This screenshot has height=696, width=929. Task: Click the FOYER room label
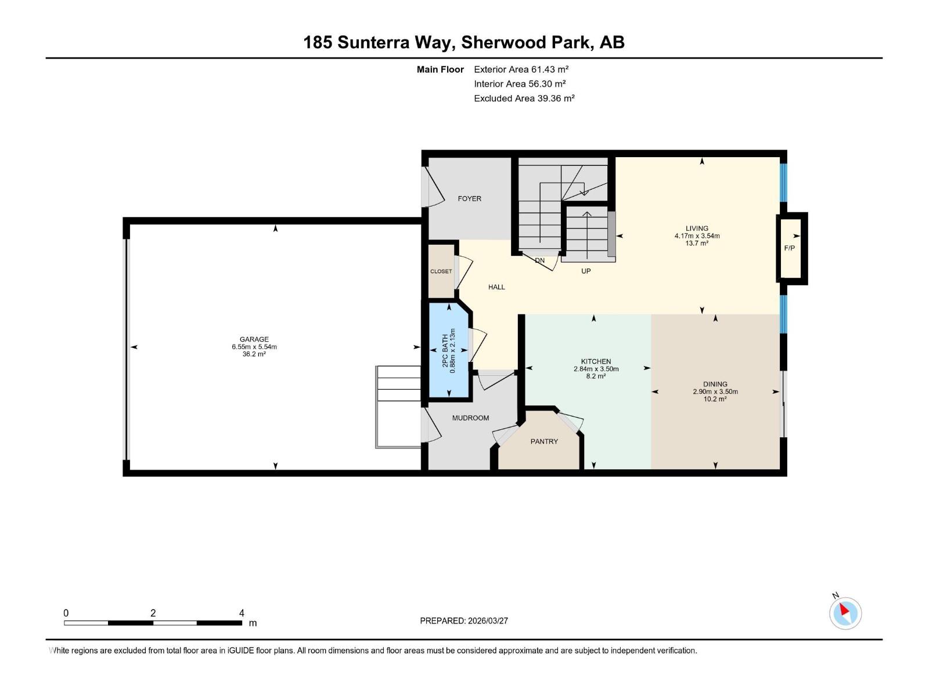click(469, 199)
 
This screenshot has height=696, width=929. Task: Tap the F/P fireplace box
click(790, 248)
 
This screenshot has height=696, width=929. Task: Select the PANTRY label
click(544, 442)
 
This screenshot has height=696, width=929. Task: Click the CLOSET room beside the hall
click(441, 271)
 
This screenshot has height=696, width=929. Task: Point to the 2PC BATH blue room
click(449, 350)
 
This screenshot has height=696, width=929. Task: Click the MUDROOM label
click(470, 418)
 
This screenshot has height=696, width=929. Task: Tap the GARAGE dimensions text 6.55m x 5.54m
click(254, 347)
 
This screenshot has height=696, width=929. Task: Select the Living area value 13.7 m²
click(697, 244)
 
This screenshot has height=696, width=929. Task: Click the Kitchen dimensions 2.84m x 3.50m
click(596, 369)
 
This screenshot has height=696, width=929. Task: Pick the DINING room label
click(715, 384)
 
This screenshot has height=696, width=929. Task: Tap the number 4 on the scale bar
click(242, 613)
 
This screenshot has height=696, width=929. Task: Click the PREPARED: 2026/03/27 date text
click(464, 621)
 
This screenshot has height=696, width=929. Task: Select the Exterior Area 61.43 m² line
click(521, 69)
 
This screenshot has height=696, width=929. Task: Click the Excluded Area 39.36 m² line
click(524, 98)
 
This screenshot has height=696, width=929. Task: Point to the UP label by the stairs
click(586, 271)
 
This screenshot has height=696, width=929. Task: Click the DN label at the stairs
click(540, 260)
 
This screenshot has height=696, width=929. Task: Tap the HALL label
click(496, 287)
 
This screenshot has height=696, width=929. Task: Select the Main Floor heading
click(440, 70)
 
